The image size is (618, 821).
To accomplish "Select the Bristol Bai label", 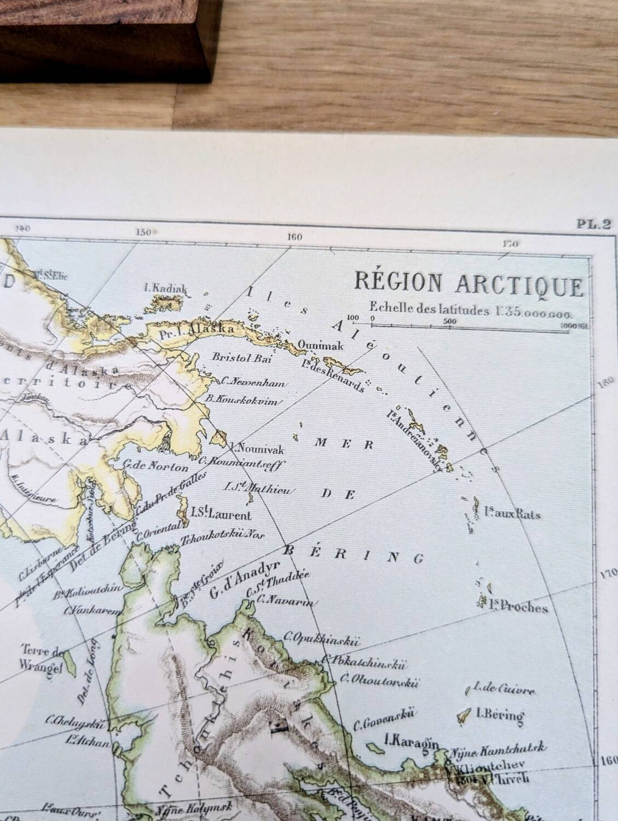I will [241, 359].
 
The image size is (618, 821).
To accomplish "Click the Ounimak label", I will [316, 345].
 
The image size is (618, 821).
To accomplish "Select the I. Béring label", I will [500, 714].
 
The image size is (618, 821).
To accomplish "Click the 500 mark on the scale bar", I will [450, 322].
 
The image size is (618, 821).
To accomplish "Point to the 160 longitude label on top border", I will [294, 238].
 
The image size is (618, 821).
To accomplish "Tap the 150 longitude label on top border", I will [143, 232].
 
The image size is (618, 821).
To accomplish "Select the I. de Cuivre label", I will [504, 690].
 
